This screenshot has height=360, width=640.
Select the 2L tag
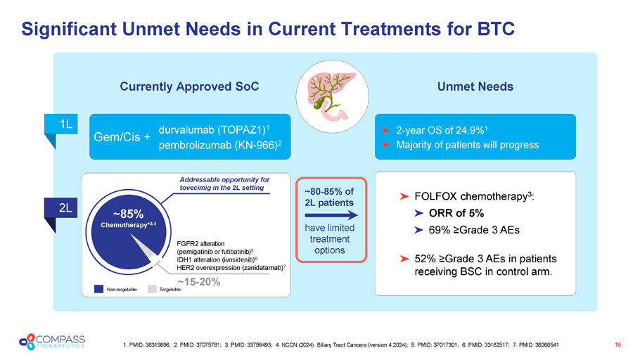(66, 208)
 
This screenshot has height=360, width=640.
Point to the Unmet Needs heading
(476, 86)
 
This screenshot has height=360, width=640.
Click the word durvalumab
(187, 130)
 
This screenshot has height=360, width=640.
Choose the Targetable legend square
(153, 288)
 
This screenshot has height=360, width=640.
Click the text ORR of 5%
(459, 213)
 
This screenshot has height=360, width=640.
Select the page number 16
(617, 344)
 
